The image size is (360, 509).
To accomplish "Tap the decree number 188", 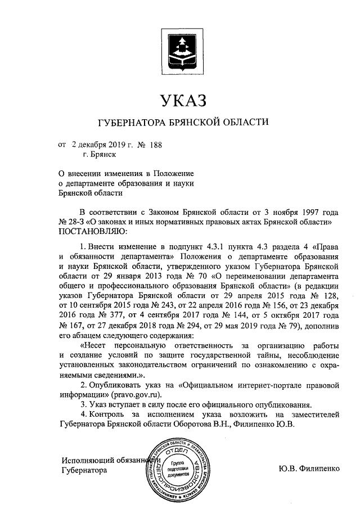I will pos(155,145).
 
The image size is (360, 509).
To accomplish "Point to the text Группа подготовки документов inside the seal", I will pos(172,468).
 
